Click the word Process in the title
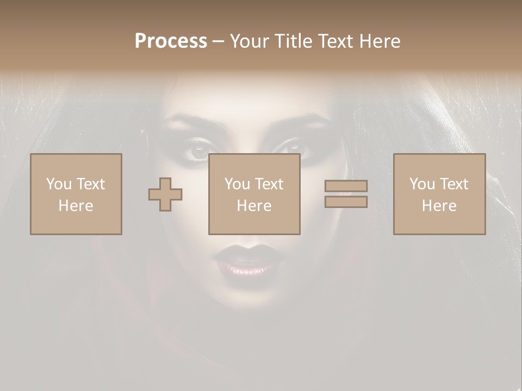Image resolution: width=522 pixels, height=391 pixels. pyautogui.click(x=171, y=41)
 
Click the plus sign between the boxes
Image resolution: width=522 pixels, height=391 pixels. pyautogui.click(x=165, y=194)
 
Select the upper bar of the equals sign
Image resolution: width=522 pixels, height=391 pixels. pyautogui.click(x=346, y=186)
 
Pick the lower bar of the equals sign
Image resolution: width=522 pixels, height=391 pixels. pyautogui.click(x=346, y=202)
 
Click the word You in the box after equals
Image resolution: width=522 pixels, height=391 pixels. pyautogui.click(x=422, y=184)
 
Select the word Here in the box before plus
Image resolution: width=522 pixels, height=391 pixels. pyautogui.click(x=76, y=206)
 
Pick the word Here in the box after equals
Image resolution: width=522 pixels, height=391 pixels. pyautogui.click(x=439, y=206)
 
